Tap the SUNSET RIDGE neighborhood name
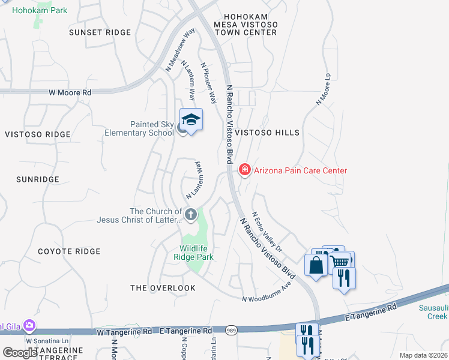click(100, 32)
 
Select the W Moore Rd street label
click(70, 93)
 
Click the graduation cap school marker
click(191, 120)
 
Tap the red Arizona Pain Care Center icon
click(244, 170)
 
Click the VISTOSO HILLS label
click(267, 132)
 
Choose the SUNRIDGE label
click(38, 179)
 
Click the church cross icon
click(191, 214)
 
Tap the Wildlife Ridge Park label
click(197, 253)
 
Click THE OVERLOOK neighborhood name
click(163, 288)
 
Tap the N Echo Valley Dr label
click(267, 230)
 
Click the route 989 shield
click(231, 330)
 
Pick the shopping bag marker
click(316, 265)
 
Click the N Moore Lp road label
click(324, 89)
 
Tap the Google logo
click(20, 353)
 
